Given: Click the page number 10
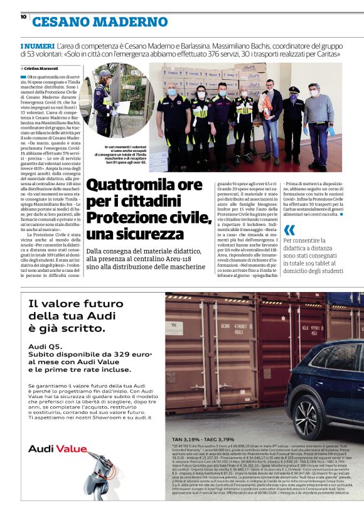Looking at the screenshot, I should click(23, 17).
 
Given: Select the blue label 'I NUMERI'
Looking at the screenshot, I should click(37, 46).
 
